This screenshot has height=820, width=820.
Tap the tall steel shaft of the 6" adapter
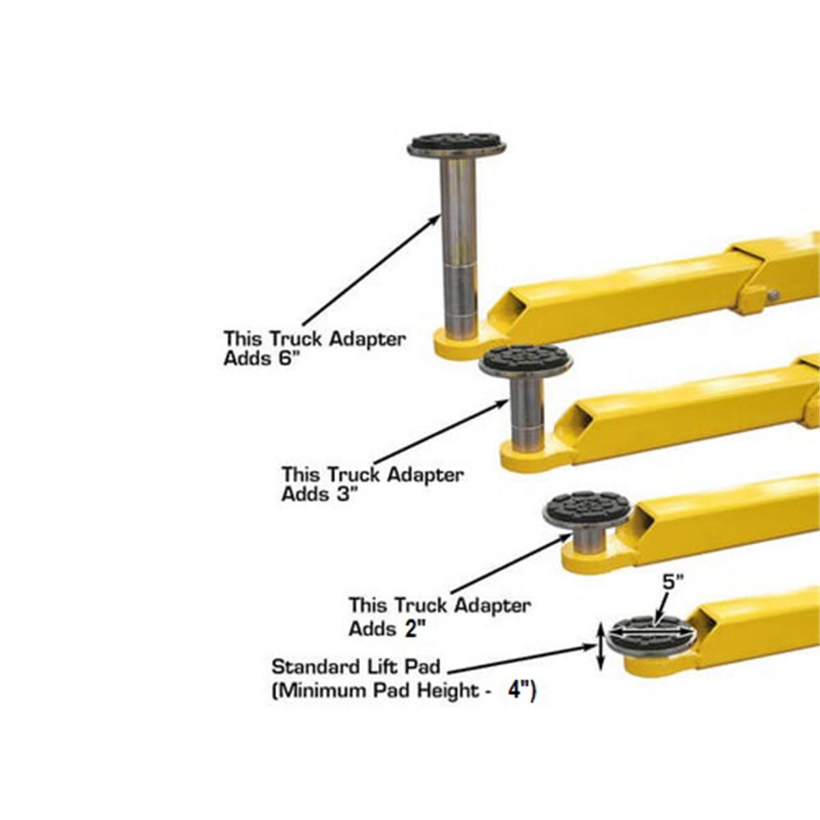point(458,239)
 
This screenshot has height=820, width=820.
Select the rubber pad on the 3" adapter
point(525,358)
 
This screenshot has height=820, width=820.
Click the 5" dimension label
point(672,582)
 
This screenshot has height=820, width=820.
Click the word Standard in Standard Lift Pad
point(307,666)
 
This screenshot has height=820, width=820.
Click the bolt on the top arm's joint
point(774,295)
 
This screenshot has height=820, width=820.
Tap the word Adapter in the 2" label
point(492,605)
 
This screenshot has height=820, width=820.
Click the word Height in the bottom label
point(446,691)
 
